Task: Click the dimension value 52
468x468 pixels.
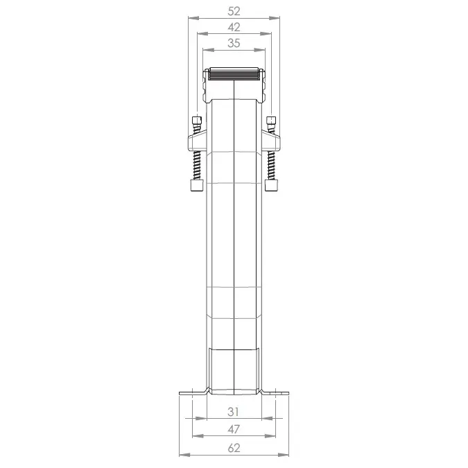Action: coord(234,11)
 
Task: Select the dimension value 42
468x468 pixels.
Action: coord(234,28)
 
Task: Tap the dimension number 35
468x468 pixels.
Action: coord(234,43)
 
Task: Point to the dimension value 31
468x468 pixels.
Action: coord(233,412)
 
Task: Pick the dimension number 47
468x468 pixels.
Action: coord(234,429)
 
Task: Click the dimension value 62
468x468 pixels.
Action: coord(234,448)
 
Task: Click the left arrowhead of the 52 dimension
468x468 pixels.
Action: coord(193,18)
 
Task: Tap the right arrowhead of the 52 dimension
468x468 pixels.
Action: coord(275,18)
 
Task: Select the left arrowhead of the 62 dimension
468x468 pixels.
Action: coord(184,455)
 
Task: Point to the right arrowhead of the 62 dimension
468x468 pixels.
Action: coord(284,455)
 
